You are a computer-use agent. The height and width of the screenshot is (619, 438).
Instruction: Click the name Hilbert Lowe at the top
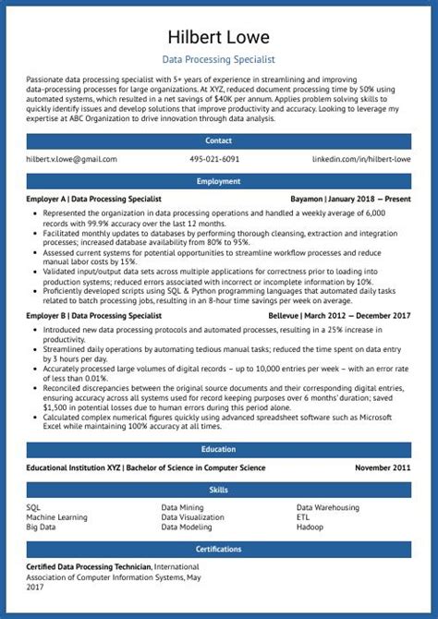219,37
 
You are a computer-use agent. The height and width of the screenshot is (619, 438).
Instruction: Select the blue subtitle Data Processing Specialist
219,59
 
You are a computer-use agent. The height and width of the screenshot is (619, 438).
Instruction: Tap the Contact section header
219,141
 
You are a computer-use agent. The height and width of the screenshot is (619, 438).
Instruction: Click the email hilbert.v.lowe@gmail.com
72,160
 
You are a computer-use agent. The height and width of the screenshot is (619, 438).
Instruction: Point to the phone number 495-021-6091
214,160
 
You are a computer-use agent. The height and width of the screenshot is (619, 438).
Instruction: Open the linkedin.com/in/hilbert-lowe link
361,160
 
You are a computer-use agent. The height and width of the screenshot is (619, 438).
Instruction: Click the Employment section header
219,182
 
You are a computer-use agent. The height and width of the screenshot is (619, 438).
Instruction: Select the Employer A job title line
94,199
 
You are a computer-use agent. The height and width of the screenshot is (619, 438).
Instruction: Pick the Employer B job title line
93,316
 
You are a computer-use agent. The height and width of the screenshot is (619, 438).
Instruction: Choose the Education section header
219,450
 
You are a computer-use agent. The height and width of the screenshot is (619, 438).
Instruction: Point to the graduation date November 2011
383,467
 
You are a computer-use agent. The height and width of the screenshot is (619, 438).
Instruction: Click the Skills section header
219,490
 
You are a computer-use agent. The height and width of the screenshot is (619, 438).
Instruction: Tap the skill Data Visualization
192,517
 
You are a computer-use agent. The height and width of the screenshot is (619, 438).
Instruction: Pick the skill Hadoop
310,527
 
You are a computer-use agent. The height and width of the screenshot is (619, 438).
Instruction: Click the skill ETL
303,517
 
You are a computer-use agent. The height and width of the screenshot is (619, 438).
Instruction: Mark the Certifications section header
219,549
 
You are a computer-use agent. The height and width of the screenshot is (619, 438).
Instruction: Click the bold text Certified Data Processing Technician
89,566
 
